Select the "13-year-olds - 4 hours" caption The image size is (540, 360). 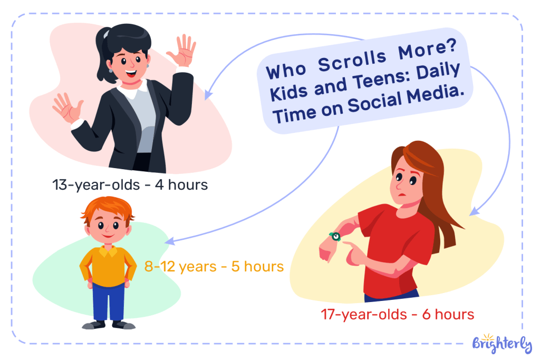(x=130, y=185)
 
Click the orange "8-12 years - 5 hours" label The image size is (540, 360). (x=214, y=267)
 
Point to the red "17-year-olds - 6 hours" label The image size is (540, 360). (x=398, y=315)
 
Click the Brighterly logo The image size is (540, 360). (x=502, y=343)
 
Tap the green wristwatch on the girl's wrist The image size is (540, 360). (x=334, y=236)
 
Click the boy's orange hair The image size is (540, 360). (x=107, y=208)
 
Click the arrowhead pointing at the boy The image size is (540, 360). (x=169, y=241)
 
